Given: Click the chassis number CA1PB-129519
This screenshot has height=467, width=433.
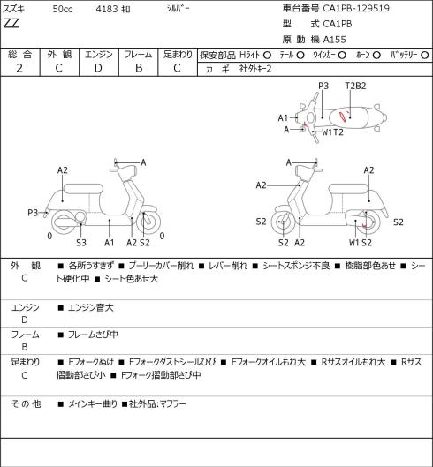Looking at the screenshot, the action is [x=356, y=8].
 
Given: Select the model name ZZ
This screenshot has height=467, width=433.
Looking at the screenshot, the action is [x=11, y=23].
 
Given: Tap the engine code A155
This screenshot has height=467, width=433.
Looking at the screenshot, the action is [x=334, y=40].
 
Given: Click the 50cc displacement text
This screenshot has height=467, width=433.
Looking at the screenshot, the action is [x=63, y=9].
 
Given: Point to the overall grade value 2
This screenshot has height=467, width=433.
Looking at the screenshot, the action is [x=19, y=68].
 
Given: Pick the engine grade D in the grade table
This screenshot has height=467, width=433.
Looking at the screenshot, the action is [x=98, y=68].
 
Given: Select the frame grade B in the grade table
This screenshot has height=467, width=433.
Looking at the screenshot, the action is [x=139, y=68].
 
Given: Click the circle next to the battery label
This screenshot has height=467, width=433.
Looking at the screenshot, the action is [x=425, y=55].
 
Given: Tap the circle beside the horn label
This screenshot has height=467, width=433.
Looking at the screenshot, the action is [x=376, y=55].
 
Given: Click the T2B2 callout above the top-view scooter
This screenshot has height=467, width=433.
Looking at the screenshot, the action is [x=355, y=86].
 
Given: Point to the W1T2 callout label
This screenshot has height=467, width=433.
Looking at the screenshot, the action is [x=332, y=132].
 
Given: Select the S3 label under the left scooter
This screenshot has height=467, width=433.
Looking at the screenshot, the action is [x=81, y=243].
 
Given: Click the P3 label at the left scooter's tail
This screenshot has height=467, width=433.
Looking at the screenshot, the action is [x=33, y=213].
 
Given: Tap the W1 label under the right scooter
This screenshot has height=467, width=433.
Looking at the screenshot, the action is [x=354, y=243].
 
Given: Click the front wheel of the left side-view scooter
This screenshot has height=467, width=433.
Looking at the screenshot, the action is [x=148, y=222].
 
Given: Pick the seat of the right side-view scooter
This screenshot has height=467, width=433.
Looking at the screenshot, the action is [x=348, y=189].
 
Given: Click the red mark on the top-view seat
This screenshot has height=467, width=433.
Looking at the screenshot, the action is [x=344, y=116].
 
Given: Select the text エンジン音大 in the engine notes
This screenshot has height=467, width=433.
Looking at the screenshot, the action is [x=91, y=307].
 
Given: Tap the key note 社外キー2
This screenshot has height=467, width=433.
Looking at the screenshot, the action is [x=255, y=69].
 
